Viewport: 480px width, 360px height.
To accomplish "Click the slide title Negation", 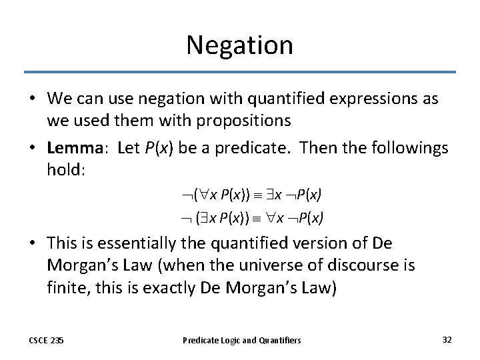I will pos(239,45).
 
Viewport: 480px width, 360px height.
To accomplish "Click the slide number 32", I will pos(447,340).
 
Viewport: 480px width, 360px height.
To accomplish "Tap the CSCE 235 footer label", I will pos(46,340).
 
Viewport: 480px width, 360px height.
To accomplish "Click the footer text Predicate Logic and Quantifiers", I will pos(242,340).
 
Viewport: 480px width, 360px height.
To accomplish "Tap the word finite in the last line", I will pos(70,287).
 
